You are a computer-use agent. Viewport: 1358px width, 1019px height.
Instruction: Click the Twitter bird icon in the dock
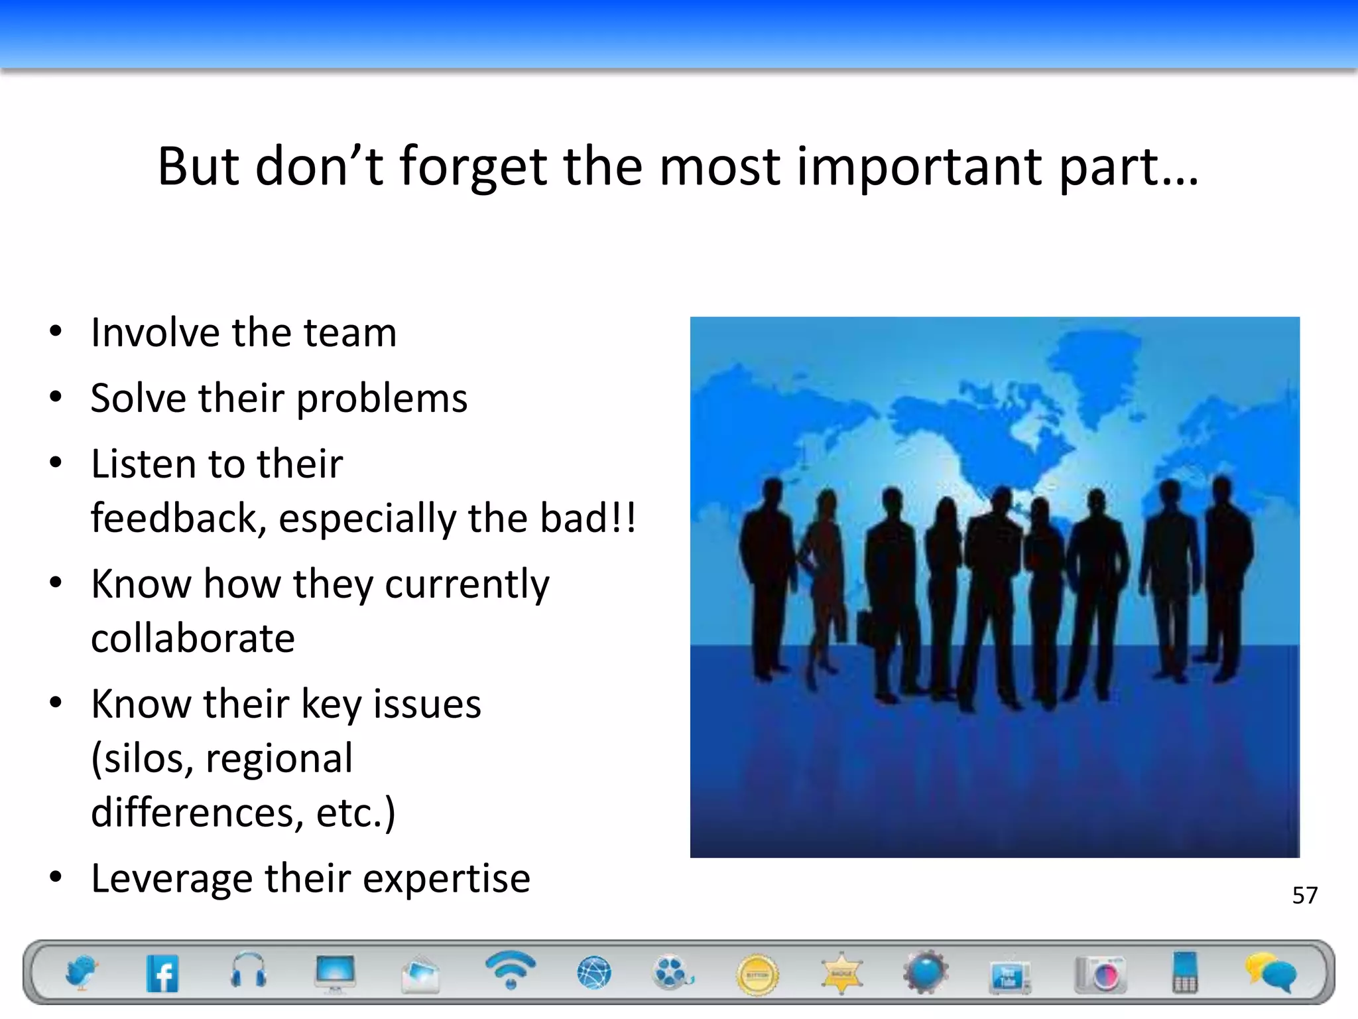pos(81,973)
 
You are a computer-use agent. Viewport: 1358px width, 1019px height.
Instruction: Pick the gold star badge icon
pos(841,973)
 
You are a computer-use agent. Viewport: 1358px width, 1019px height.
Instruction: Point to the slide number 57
pos(1304,896)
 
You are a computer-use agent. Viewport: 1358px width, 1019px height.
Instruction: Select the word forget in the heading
pos(473,167)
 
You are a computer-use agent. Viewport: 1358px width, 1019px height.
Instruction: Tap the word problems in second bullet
pos(381,399)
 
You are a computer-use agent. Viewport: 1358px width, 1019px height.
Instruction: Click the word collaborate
pos(192,638)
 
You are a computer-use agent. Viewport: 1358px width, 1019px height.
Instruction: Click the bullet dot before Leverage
pos(56,876)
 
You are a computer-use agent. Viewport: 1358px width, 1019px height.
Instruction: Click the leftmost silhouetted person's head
pos(771,492)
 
